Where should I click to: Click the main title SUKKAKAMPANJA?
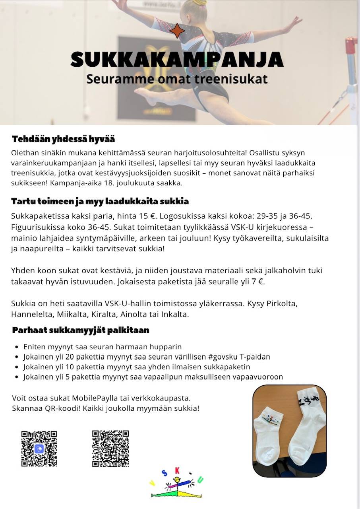pos(177,59)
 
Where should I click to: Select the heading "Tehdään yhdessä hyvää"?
pos(64,139)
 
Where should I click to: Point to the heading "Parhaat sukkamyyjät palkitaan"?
pos(81,330)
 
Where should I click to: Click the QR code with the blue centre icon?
pos(39,448)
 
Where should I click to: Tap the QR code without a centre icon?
pos(110,448)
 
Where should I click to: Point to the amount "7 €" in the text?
pos(257,282)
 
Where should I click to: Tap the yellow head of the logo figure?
pos(177,480)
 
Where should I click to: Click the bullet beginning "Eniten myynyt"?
pos(103,347)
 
